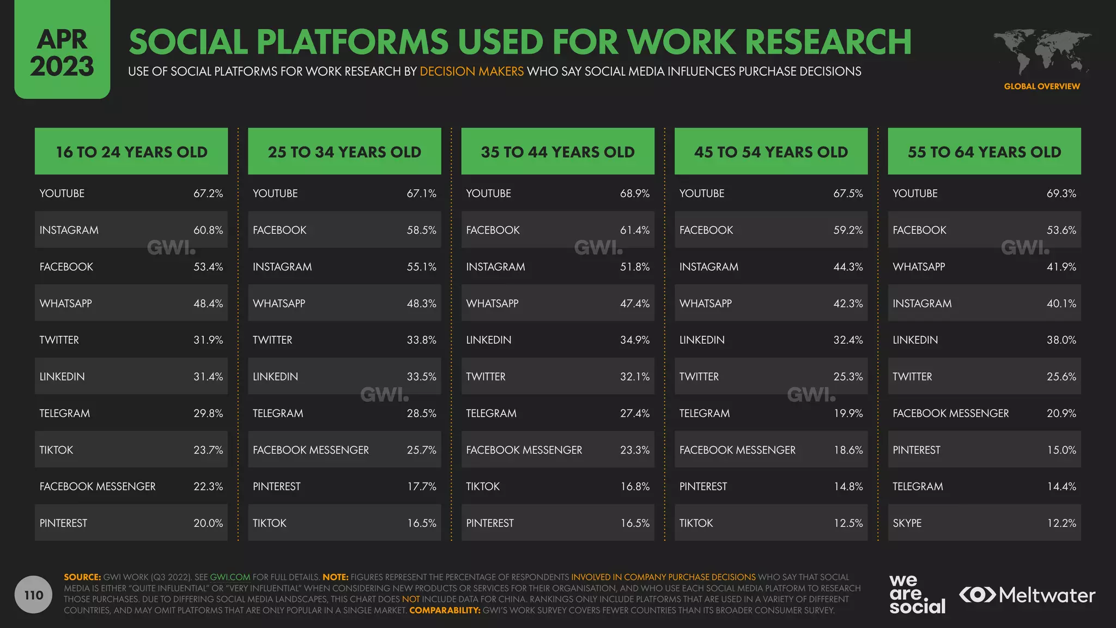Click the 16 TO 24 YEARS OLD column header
point(131,152)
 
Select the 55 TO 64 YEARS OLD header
point(984,152)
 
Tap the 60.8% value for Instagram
point(208,230)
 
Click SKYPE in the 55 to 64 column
point(907,523)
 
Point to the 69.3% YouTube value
point(1061,194)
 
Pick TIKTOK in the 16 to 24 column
point(56,450)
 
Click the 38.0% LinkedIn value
point(1061,340)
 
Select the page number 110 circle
point(33,595)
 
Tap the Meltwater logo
point(1027,595)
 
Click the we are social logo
point(917,595)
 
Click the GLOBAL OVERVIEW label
point(1041,86)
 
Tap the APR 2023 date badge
point(62,53)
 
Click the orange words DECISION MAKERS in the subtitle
point(471,71)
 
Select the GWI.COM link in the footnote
point(230,577)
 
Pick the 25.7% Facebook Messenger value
point(421,450)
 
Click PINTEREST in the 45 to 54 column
point(703,487)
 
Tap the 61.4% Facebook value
point(634,230)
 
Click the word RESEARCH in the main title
point(828,42)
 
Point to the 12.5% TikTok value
point(848,523)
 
